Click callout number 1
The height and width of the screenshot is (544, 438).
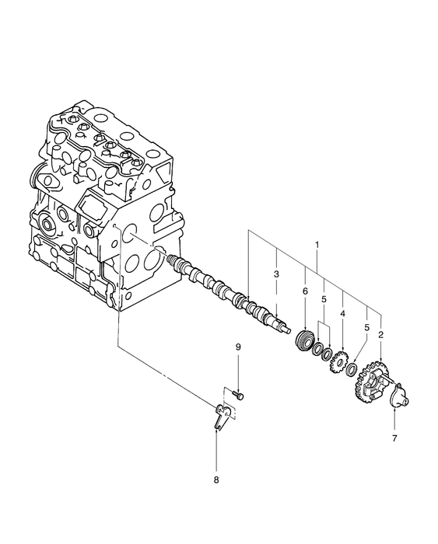(316, 245)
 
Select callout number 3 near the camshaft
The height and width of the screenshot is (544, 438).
(276, 274)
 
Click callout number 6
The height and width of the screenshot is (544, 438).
(305, 291)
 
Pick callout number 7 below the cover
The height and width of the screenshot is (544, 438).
(394, 439)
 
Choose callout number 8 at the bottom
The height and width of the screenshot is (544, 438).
(216, 479)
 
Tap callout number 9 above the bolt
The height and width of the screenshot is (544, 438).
(239, 368)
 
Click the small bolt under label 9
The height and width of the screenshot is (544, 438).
(239, 396)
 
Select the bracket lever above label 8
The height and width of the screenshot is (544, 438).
(220, 414)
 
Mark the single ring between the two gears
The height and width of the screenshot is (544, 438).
(352, 367)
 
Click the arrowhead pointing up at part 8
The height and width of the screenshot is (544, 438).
(216, 432)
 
